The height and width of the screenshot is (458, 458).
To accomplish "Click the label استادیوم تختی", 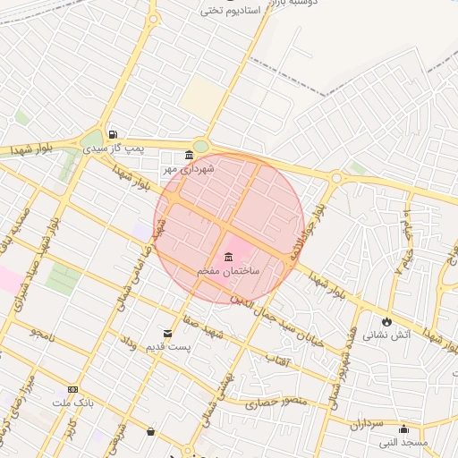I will click(x=234, y=11).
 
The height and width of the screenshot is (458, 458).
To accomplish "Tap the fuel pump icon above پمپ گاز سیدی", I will click(x=112, y=135).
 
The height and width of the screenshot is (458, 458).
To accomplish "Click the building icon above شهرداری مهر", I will click(x=189, y=155).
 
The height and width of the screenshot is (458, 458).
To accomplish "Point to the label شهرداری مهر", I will click(x=184, y=167).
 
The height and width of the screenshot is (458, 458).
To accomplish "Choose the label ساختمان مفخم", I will click(x=228, y=269).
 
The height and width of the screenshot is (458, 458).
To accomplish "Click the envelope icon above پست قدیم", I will click(x=165, y=334).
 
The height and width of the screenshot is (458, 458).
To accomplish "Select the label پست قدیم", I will click(x=165, y=346).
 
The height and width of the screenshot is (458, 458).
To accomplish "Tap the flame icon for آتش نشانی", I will click(x=386, y=321).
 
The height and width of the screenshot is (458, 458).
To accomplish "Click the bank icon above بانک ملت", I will click(x=72, y=390).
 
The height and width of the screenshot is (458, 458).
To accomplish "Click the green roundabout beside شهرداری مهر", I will click(x=200, y=147).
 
